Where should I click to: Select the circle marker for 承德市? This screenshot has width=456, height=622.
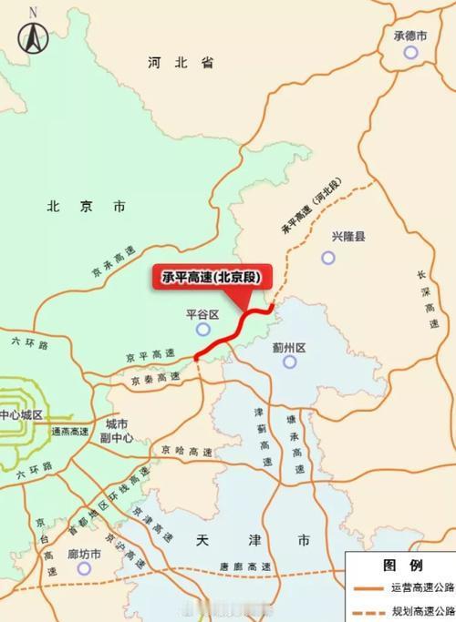click(410, 53)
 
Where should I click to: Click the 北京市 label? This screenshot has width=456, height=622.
click(86, 207)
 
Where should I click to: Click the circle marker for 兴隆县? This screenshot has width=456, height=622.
click(328, 258)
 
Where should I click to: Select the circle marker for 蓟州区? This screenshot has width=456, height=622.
click(290, 362)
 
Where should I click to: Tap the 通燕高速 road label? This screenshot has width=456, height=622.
click(71, 431)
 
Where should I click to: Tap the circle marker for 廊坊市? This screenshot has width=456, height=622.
click(85, 568)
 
